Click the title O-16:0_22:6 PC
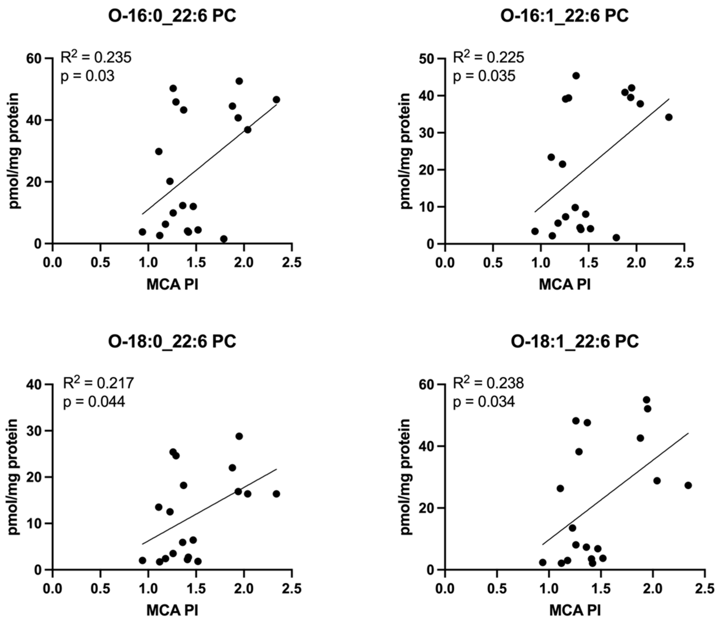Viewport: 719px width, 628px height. (172, 16)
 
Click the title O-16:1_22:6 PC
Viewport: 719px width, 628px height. (564, 16)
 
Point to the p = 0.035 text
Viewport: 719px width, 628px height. (484, 76)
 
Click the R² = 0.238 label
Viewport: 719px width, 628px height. (488, 383)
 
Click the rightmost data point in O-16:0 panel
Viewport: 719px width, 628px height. (276, 100)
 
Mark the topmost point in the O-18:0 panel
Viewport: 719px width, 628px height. (239, 436)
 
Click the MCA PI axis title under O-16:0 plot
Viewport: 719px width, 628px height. (172, 285)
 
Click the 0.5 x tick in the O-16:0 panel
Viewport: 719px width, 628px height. (100, 263)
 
